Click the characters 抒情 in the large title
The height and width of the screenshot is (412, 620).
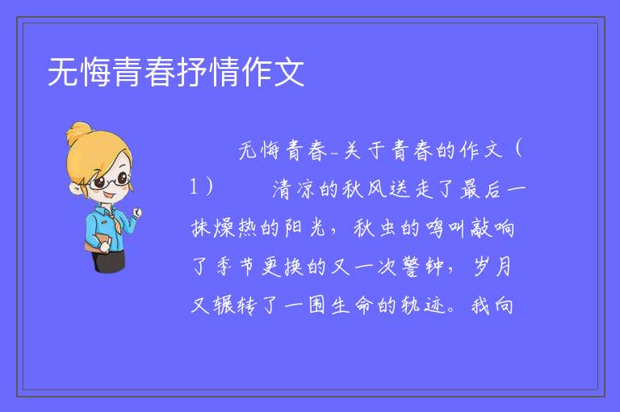pyautogui.click(x=208, y=72)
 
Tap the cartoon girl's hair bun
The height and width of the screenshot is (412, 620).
pyautogui.click(x=79, y=132)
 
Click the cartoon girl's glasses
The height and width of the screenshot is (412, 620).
pyautogui.click(x=110, y=181)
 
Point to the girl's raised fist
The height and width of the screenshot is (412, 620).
pyautogui.click(x=136, y=213)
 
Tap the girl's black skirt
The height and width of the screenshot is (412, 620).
pyautogui.click(x=109, y=261)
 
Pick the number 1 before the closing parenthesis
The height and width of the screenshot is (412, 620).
pyautogui.click(x=194, y=187)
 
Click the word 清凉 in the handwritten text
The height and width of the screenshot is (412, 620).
pyautogui.click(x=292, y=189)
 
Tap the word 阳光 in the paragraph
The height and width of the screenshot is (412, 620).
pyautogui.click(x=305, y=228)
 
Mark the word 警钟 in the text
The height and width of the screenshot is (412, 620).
pyautogui.click(x=422, y=267)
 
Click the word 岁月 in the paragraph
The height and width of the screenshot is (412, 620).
pyautogui.click(x=492, y=267)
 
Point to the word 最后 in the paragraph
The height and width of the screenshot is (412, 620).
pyautogui.click(x=480, y=189)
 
